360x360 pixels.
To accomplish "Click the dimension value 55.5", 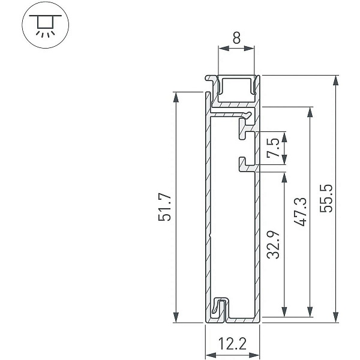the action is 326,199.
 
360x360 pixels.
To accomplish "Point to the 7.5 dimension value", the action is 274,148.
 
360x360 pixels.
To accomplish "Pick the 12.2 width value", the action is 232,343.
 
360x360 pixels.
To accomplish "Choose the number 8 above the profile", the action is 236,38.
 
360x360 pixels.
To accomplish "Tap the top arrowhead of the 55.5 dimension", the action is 336,80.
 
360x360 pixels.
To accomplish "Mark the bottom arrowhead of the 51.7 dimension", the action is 176,317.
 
